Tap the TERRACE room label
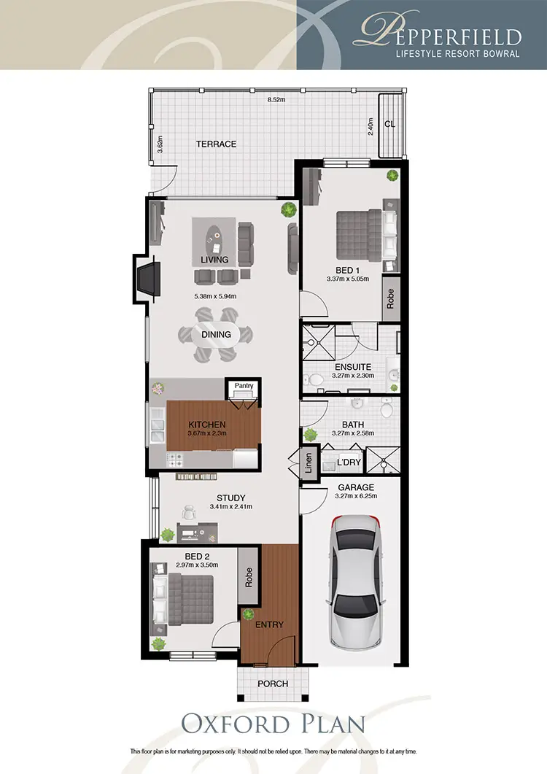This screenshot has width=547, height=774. click(216, 144)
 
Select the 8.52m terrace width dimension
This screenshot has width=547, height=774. click(276, 99)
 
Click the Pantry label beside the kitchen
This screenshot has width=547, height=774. click(244, 385)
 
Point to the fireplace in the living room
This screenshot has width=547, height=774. click(149, 279)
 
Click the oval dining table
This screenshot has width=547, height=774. click(216, 335)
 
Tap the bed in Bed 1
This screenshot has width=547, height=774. click(367, 235)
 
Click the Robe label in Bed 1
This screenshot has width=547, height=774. click(390, 298)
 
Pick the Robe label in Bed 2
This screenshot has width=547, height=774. click(248, 577)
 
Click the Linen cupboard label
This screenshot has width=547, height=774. click(309, 463)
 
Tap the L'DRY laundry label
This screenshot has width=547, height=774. click(349, 462)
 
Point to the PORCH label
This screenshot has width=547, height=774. click(273, 684)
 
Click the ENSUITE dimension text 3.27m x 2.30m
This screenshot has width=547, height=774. click(353, 376)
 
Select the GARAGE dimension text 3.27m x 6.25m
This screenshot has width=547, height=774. click(356, 496)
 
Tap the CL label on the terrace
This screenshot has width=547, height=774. click(389, 125)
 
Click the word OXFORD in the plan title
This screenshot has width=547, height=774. click(236, 724)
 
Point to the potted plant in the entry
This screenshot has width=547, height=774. click(248, 614)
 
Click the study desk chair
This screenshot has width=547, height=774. click(188, 514)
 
